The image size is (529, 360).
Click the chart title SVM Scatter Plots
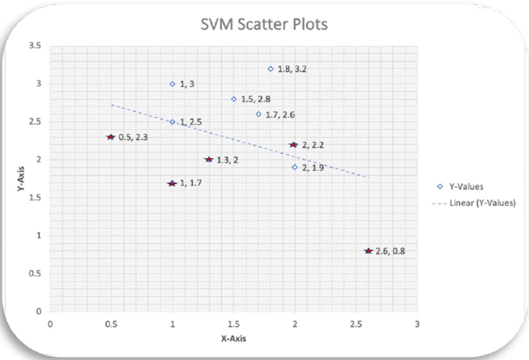point(264,24)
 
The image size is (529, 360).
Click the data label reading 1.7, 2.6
point(280,115)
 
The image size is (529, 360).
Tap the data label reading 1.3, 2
point(227,160)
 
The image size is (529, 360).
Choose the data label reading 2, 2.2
point(313,145)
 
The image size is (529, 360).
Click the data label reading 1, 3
point(187,84)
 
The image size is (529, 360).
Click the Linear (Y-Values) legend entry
point(474,203)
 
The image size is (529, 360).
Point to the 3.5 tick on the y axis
point(35,46)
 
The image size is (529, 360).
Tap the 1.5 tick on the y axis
point(35,197)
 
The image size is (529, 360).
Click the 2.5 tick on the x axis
point(356,324)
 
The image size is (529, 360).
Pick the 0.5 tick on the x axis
point(111,324)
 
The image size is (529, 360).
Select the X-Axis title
point(233,338)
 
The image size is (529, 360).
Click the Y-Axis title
point(21,179)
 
